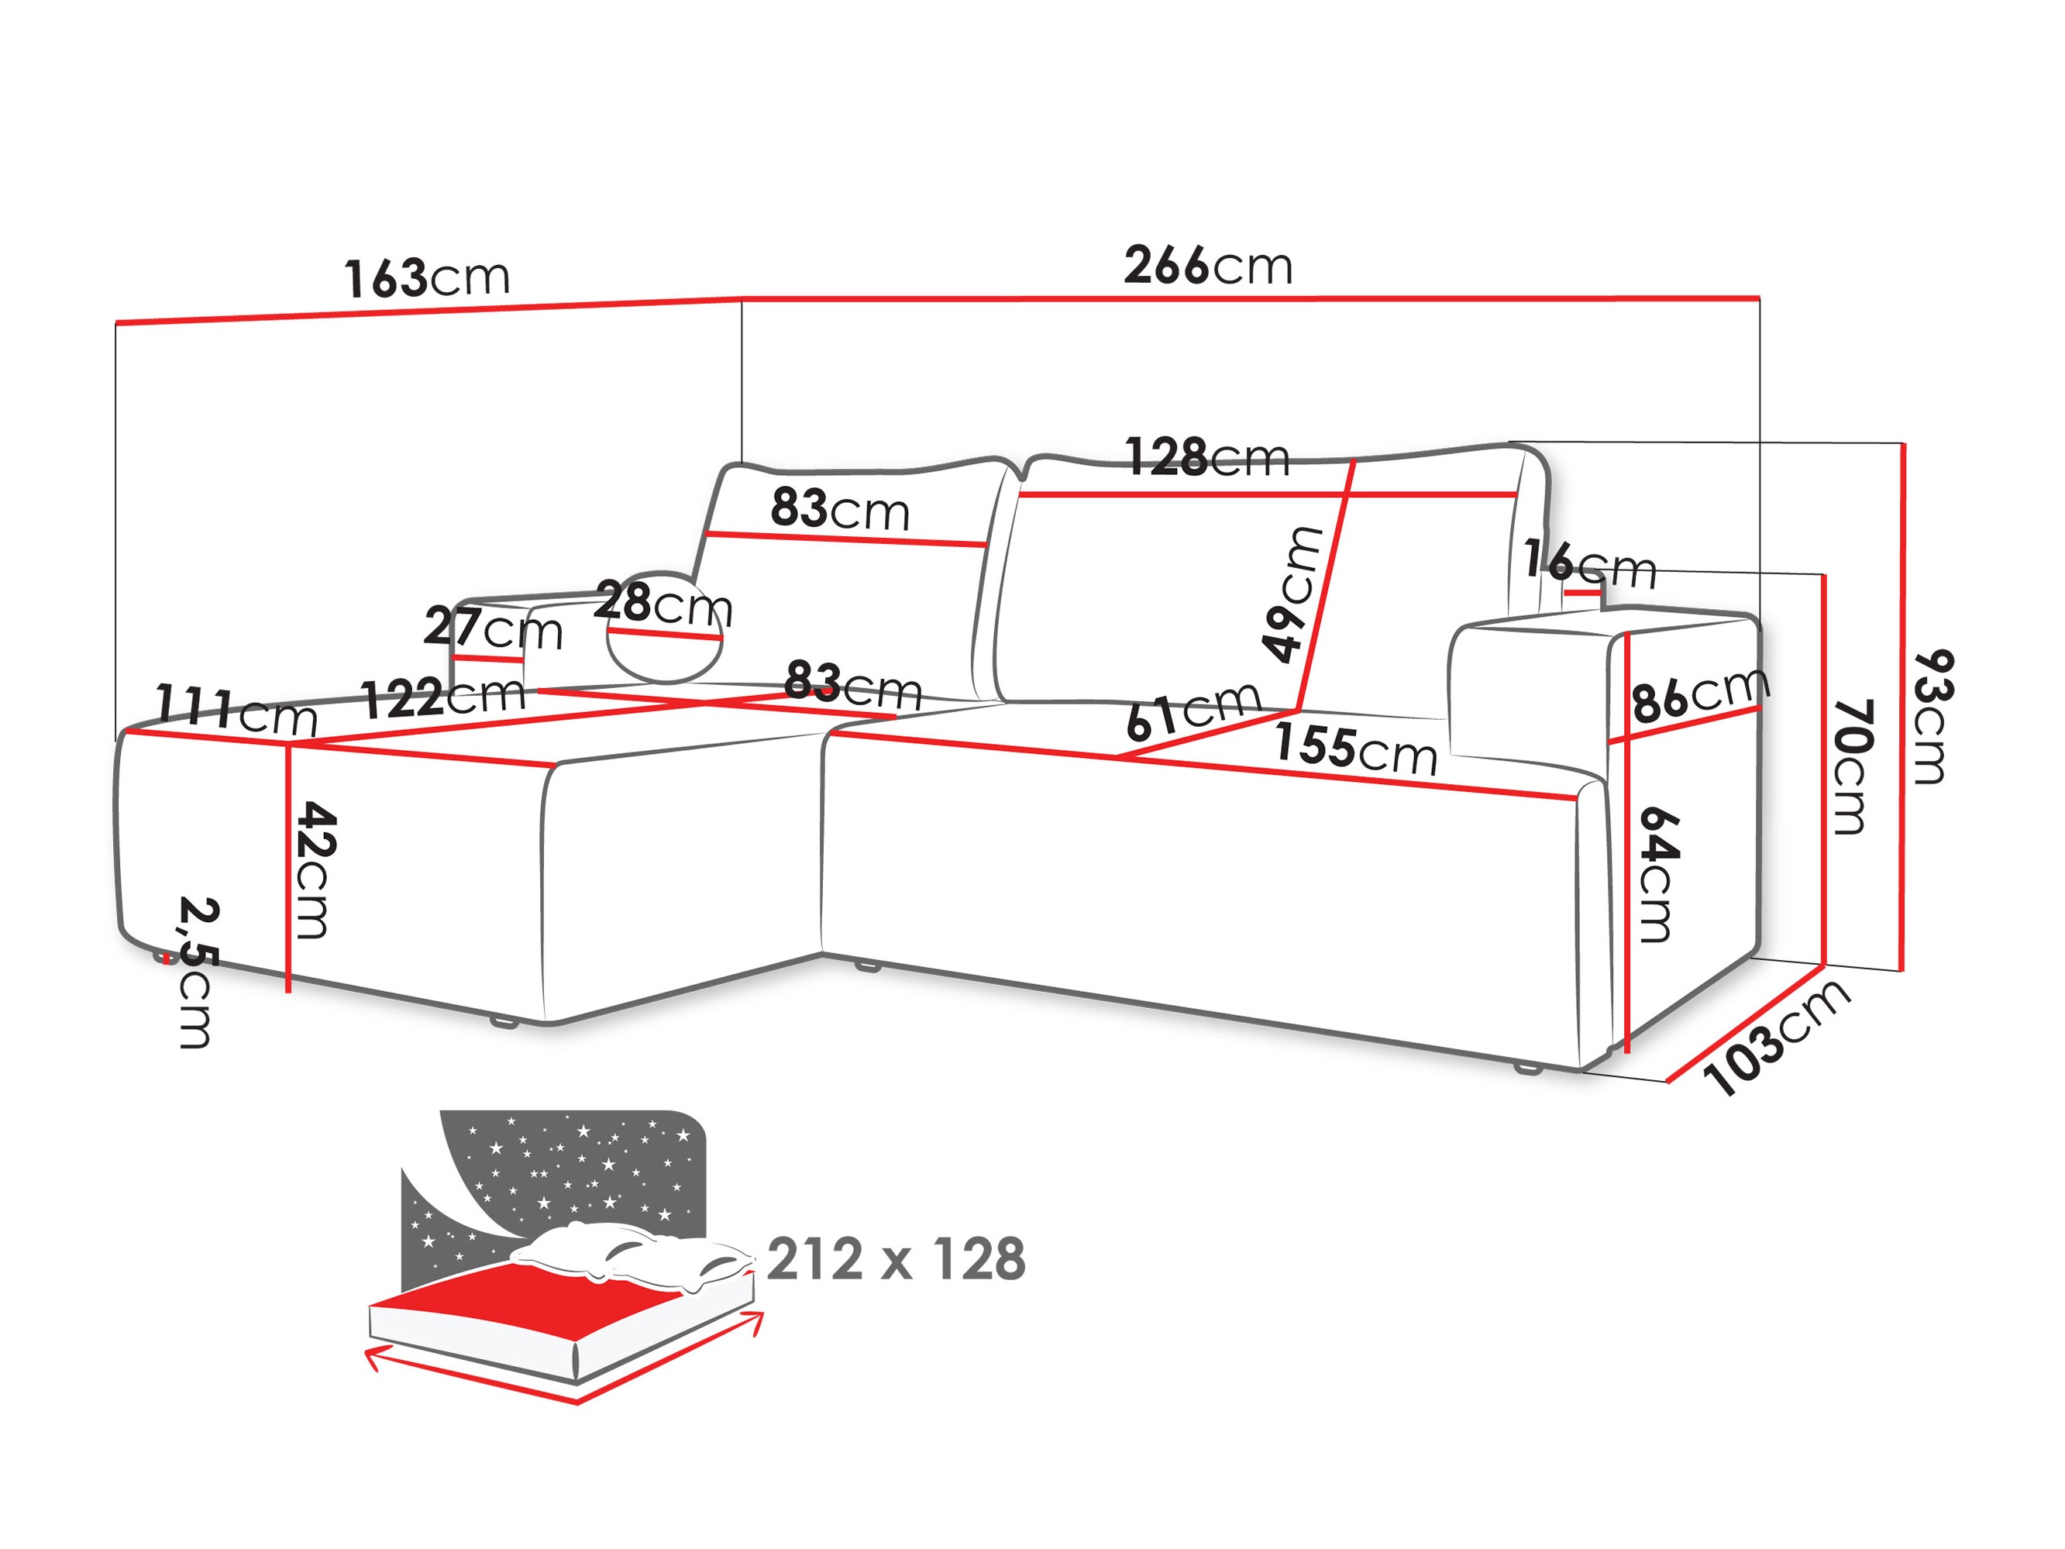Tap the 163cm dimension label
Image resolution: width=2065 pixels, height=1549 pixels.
tap(427, 278)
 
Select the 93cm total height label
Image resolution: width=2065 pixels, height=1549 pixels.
tap(1931, 717)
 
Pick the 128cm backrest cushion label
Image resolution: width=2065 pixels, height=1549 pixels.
tap(1207, 457)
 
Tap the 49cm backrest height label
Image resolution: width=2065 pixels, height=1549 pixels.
tap(1293, 595)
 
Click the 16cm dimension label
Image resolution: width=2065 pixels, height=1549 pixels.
tap(1589, 563)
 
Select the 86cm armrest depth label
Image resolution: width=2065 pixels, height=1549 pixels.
tap(1699, 696)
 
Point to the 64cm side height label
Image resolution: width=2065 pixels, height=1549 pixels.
tap(1659, 875)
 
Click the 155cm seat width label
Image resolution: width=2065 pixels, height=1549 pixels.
tap(1355, 749)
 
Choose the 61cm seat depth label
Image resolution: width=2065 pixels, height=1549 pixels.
tap(1193, 712)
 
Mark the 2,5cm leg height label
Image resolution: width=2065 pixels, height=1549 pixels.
tap(196, 973)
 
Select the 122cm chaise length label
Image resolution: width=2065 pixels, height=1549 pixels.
tap(443, 697)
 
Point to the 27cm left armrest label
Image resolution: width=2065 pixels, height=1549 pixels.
tap(493, 628)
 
